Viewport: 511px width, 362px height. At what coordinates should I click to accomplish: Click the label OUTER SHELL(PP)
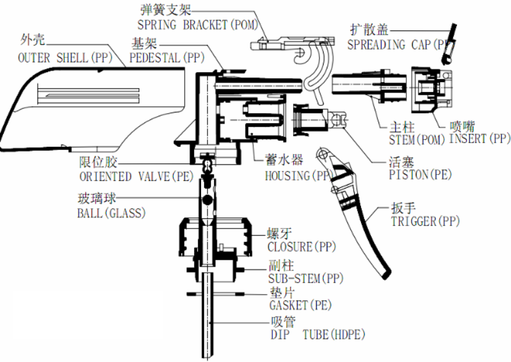63,58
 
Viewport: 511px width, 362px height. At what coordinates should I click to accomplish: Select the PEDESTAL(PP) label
167,59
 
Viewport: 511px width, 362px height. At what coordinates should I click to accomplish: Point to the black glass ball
206,201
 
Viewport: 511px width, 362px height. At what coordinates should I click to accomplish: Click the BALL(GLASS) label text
111,213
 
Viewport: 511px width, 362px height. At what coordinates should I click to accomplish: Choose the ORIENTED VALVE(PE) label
136,177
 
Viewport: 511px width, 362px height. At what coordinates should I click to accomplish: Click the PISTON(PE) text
420,175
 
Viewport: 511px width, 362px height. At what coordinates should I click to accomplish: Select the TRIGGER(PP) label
425,221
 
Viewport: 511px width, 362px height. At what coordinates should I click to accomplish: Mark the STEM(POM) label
417,140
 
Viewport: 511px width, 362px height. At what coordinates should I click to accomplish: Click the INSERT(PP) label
480,139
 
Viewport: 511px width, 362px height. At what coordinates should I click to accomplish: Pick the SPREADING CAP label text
397,45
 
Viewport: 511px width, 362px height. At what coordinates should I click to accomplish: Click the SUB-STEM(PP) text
306,278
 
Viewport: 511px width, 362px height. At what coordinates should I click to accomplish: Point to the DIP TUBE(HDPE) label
317,335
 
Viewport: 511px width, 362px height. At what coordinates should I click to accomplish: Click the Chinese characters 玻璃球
97,199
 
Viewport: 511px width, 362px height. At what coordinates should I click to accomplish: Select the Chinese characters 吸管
283,322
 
